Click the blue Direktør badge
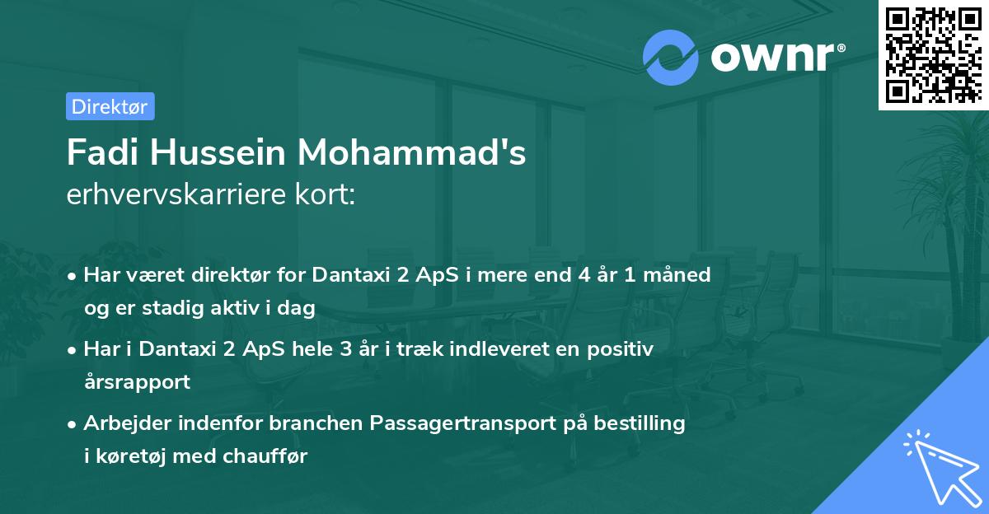coord(110,106)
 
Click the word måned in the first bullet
coord(681,274)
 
